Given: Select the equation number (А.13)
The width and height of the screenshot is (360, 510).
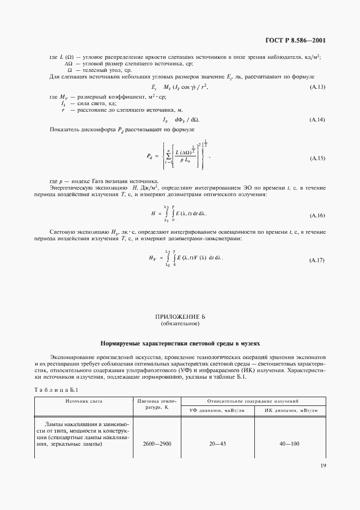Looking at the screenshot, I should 317,88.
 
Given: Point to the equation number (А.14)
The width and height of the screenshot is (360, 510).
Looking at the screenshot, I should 317,119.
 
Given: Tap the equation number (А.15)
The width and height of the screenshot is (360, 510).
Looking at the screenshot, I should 317,158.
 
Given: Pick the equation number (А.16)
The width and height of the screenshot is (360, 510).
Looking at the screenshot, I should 317,215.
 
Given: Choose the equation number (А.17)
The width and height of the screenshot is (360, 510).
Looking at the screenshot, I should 317,259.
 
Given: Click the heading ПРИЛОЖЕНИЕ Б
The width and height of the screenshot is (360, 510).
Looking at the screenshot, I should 180,317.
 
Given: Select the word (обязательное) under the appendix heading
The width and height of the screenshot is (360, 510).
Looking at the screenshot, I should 180,324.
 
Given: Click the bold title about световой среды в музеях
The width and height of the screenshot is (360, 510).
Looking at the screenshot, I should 180,344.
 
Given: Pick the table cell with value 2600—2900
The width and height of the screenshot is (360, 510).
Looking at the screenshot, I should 157,444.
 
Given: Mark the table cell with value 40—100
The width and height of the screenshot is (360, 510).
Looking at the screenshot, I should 289,444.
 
